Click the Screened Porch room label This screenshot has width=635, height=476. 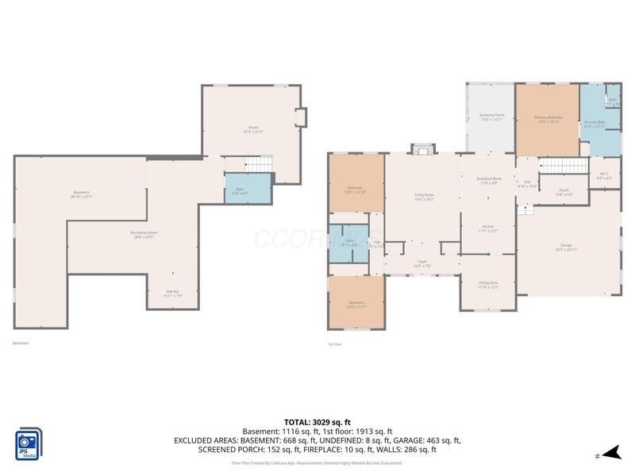(492, 117)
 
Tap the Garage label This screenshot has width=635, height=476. (566, 248)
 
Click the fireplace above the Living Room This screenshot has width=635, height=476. (422, 148)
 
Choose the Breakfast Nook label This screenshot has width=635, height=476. (488, 181)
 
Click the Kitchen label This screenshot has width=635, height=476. (488, 228)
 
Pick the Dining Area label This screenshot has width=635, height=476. (488, 285)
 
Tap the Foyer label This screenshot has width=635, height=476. (423, 263)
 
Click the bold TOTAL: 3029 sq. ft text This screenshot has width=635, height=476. (317, 422)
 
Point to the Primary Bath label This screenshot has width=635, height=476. (595, 124)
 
